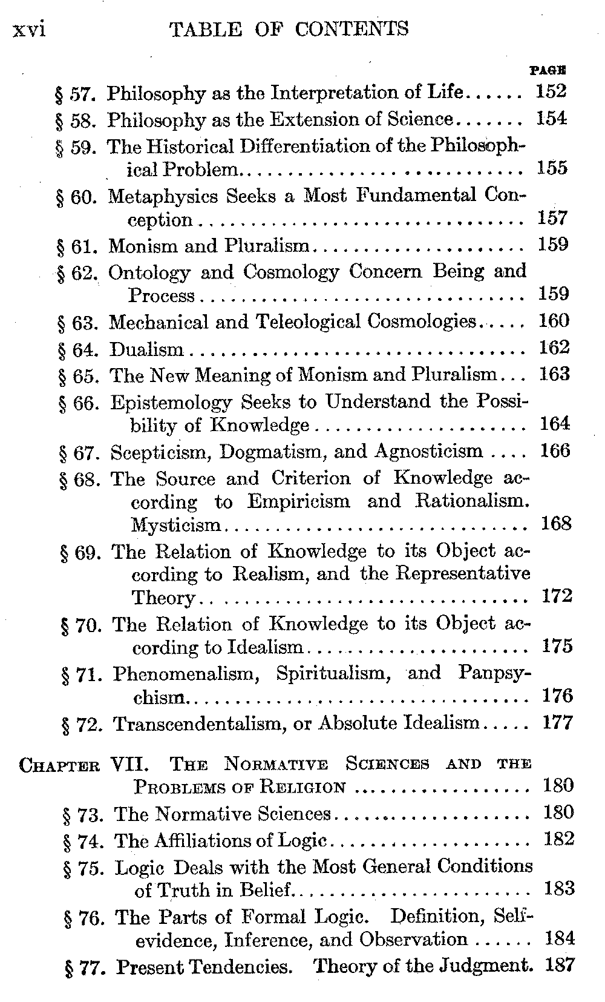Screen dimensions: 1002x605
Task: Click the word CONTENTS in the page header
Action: point(352,28)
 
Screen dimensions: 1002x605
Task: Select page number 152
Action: point(551,92)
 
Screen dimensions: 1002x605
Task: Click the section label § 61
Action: point(76,246)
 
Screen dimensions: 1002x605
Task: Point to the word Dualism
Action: point(146,349)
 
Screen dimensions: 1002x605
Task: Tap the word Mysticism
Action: point(176,525)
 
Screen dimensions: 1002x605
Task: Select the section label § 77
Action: point(85,967)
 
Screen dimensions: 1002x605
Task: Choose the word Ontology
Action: point(149,272)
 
